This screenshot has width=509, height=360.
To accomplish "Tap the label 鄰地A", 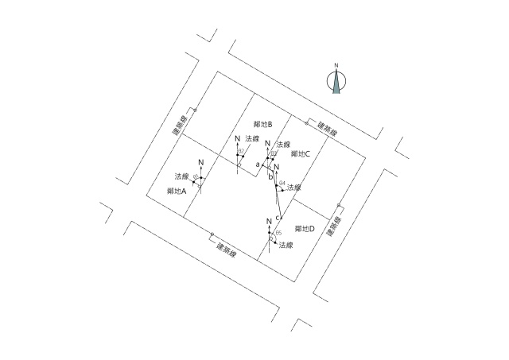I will coord(177,192).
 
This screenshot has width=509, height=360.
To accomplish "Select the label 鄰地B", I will coord(263,125).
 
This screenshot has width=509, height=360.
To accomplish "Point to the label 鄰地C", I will coord(301,153).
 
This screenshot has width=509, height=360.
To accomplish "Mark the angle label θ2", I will coord(241,150).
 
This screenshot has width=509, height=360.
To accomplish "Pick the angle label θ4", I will coord(282,184).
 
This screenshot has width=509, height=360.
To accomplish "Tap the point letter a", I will coord(258,165).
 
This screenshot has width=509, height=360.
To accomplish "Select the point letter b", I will coord(270,176).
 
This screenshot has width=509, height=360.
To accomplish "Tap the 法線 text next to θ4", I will coord(294,188).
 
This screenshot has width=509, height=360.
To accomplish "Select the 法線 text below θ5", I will coord(287,246).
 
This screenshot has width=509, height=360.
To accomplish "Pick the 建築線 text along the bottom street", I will coord(229,248).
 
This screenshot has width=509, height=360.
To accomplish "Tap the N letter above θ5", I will coord(270,220).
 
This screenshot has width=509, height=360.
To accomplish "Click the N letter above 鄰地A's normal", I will coord(201,163).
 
